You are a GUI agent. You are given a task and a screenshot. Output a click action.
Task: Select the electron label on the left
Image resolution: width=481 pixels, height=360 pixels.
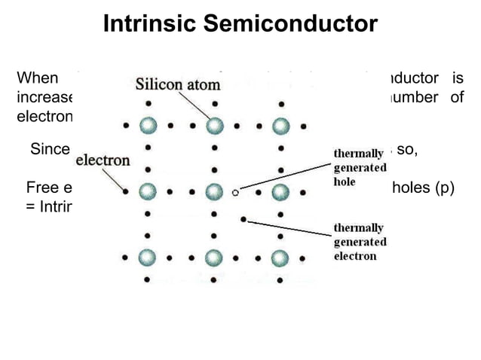point(103,160)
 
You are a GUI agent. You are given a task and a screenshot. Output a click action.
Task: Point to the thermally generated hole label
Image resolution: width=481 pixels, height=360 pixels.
point(360,167)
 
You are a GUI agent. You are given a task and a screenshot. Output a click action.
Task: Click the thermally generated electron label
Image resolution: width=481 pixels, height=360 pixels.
point(360,242)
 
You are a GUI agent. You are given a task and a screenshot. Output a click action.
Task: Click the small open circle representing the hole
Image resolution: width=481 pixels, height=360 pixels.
point(235,193)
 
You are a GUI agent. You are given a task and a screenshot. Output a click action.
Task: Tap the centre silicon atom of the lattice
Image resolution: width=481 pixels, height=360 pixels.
point(215,191)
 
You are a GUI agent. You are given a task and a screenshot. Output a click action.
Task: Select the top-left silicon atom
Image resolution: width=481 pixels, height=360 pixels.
point(149,124)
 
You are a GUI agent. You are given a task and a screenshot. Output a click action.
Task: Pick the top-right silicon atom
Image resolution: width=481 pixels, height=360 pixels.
point(281,124)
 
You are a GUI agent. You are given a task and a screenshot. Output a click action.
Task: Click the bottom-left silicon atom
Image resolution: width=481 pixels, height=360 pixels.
point(149,258)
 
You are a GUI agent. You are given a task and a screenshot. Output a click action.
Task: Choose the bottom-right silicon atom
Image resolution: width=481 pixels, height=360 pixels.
point(281,258)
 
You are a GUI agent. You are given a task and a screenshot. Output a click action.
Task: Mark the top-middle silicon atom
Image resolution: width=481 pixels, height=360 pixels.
point(215,124)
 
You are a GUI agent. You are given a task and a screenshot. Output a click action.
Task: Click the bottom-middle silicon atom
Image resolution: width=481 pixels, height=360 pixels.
point(215,258)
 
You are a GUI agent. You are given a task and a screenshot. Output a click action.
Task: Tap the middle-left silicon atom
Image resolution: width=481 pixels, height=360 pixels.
point(149,191)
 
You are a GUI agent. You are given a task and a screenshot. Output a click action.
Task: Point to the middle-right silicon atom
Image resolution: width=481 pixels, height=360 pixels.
point(281,191)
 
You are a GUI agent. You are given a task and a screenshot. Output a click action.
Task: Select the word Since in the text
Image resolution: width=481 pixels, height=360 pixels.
point(50,149)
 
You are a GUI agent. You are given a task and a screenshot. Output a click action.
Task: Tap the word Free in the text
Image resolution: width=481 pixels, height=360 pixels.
point(41,188)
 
